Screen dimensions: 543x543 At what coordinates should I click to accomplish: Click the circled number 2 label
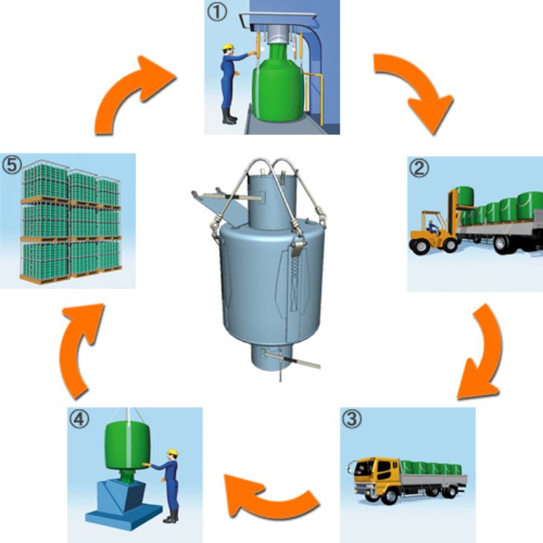coord(419,168)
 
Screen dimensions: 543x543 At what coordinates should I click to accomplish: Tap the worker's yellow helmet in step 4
coord(173,451)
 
